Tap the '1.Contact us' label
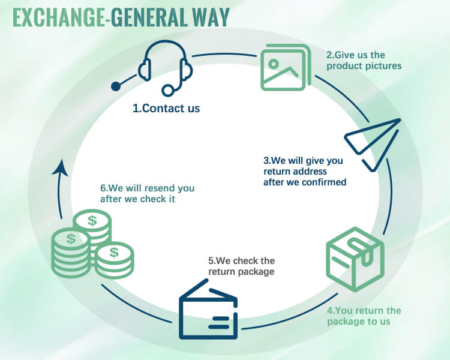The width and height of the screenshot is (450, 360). [x=166, y=109]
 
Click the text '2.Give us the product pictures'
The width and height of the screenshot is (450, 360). [x=364, y=60]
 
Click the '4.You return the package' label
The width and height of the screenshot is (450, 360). [x=364, y=316]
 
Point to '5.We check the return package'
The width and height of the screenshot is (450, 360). [x=241, y=266]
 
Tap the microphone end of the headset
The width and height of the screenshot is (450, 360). [x=169, y=91]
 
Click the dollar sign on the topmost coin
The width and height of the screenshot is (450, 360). [x=92, y=220]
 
